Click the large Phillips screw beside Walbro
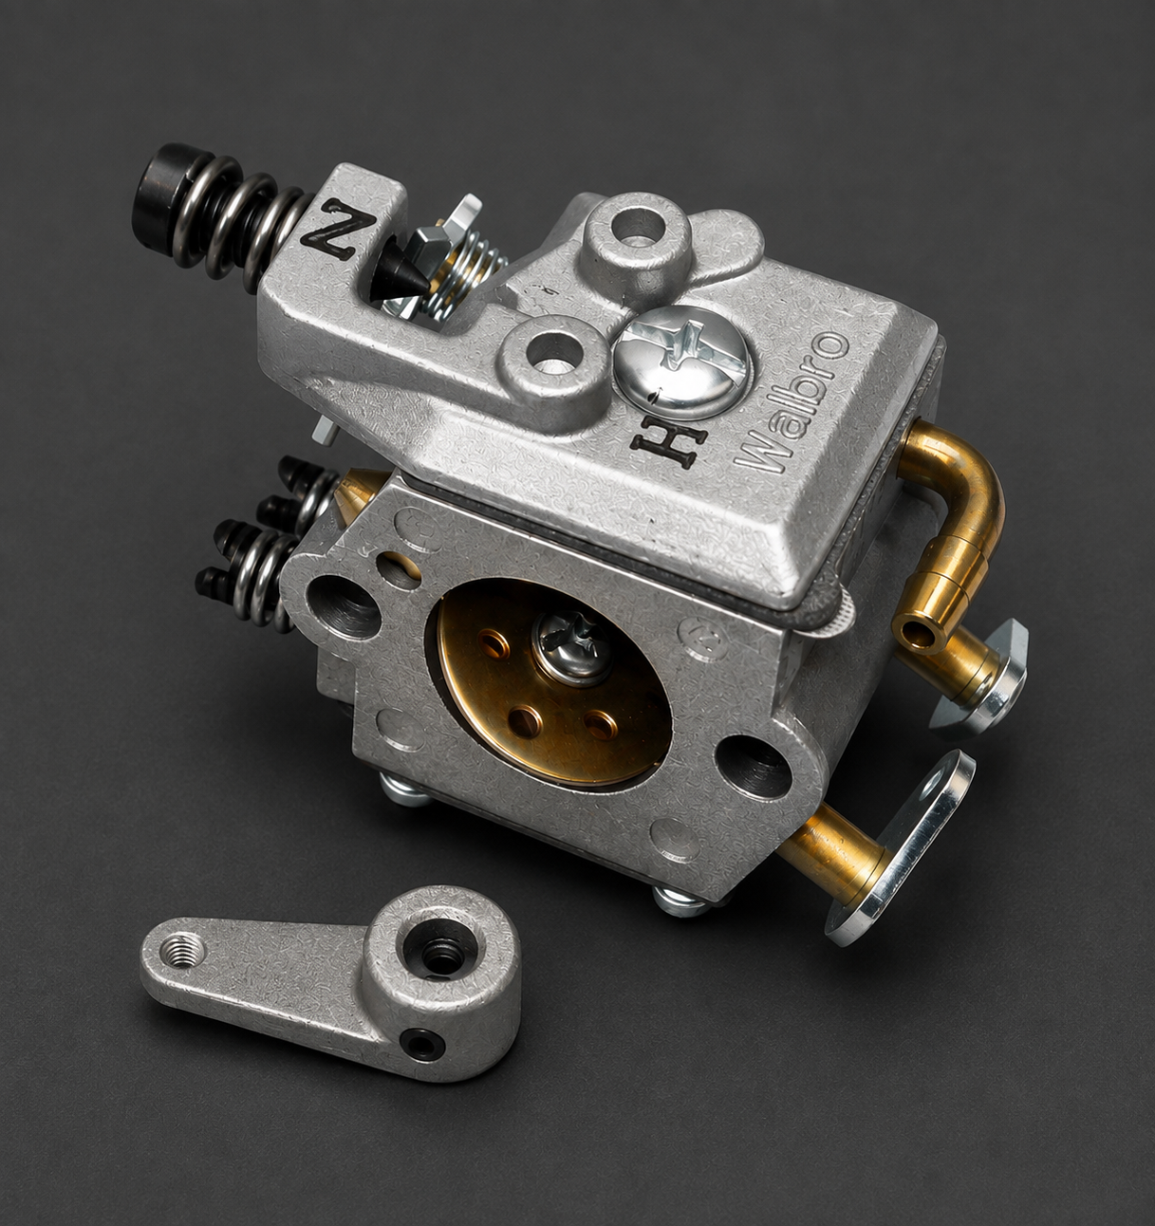685,363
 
